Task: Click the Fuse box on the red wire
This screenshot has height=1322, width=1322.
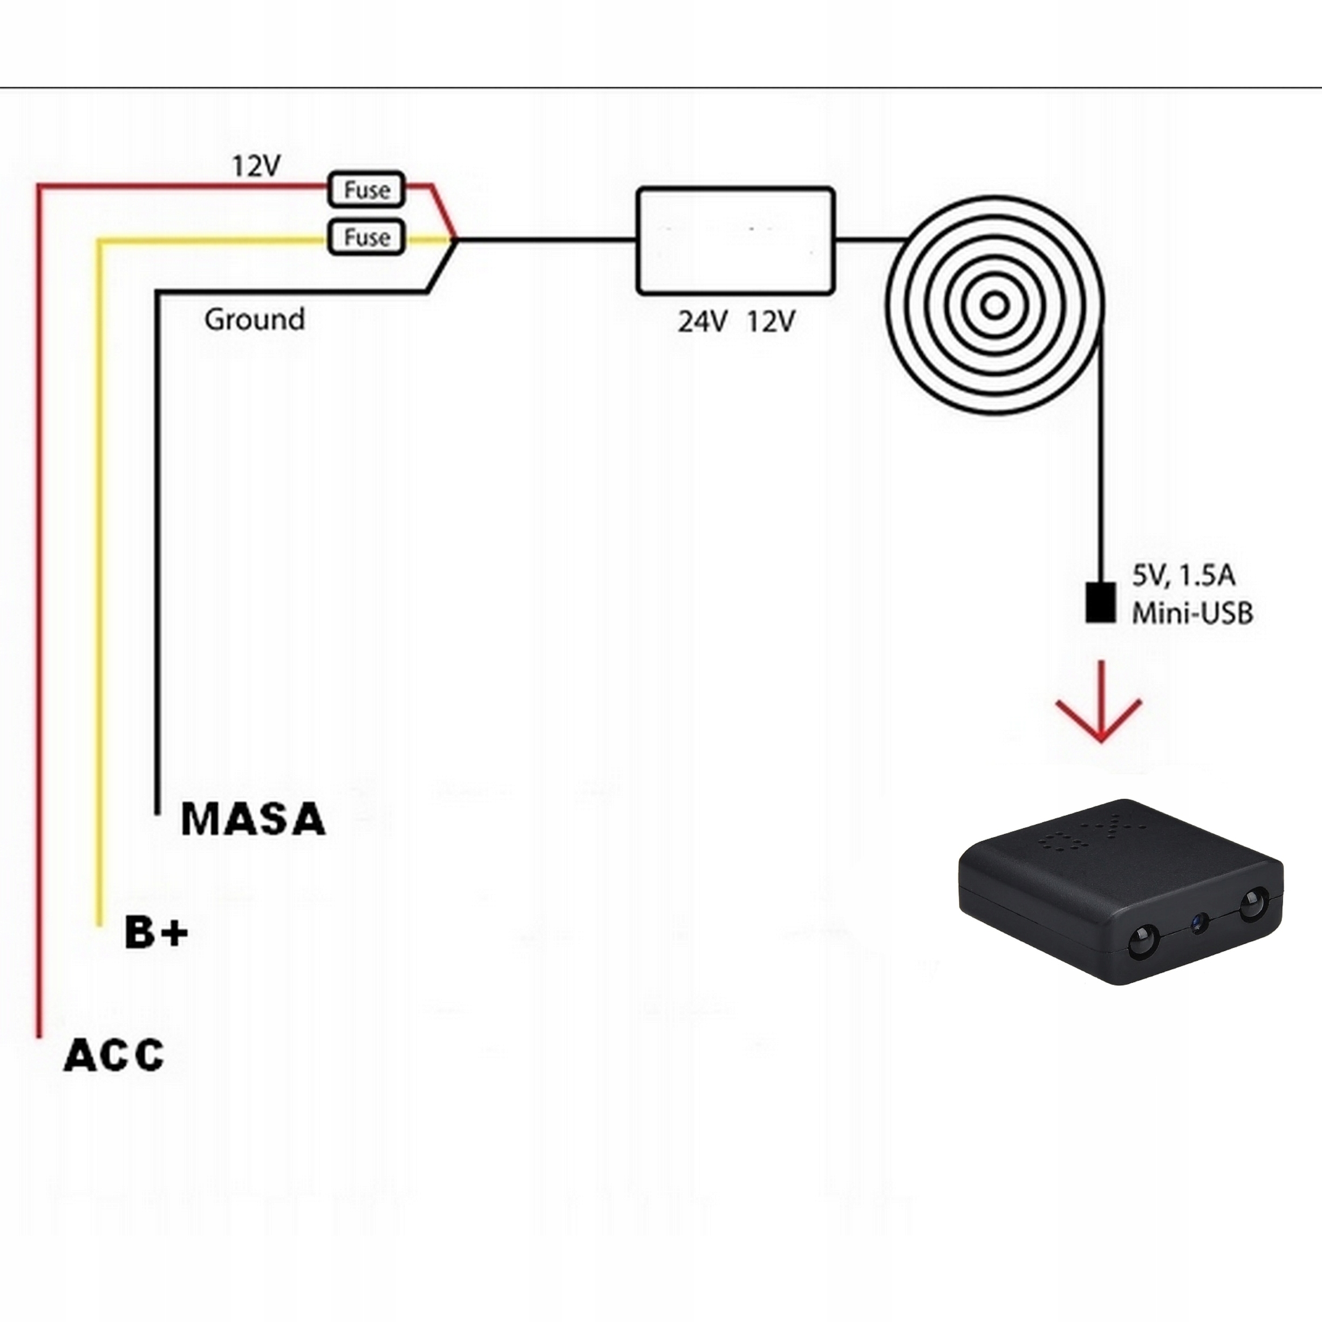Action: click(367, 189)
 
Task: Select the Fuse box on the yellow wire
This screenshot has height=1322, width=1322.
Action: click(367, 237)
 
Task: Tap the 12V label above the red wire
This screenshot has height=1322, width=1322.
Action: click(256, 166)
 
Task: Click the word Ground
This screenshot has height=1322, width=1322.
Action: click(255, 319)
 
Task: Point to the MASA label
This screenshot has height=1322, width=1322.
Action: click(253, 819)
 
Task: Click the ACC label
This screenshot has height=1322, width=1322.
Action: click(114, 1054)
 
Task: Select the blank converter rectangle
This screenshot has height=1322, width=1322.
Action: click(735, 241)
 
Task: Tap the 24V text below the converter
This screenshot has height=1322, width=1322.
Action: click(702, 322)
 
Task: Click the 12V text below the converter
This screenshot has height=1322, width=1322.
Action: click(771, 322)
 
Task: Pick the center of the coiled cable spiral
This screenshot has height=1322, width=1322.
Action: click(996, 305)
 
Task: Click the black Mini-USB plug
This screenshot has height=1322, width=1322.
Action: click(1100, 603)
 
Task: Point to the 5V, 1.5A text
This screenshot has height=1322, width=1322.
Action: click(1184, 576)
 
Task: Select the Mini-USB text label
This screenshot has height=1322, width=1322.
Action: click(1192, 613)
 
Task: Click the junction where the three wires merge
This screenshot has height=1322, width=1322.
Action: click(455, 240)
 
